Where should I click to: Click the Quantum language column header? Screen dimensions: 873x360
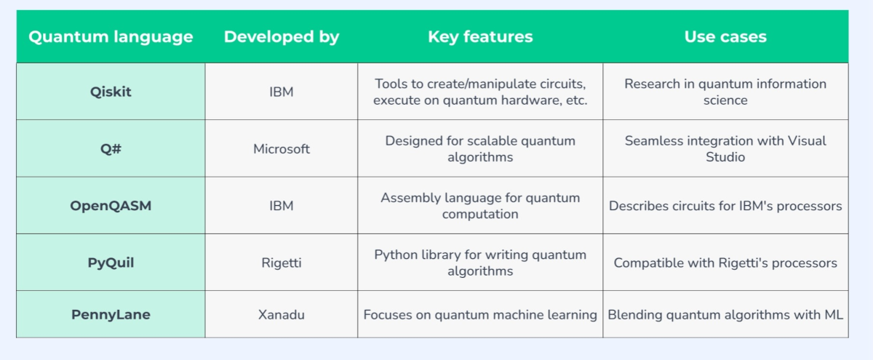(111, 37)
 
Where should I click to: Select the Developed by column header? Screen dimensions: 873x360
(282, 37)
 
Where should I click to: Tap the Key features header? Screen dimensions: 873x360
(480, 36)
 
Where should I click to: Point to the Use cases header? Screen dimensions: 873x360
(725, 36)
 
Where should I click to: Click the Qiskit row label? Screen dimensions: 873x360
(111, 92)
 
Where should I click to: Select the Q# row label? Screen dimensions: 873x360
(111, 148)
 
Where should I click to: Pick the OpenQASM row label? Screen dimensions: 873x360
(111, 206)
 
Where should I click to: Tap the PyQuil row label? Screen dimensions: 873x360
(111, 263)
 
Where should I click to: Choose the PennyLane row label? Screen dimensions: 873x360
(111, 314)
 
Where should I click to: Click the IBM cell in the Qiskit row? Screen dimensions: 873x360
(282, 92)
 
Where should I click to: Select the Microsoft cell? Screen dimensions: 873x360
(282, 149)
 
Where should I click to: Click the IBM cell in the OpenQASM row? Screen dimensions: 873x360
(282, 206)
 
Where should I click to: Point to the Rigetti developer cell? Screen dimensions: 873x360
(282, 263)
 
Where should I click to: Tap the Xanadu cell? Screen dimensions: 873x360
(282, 314)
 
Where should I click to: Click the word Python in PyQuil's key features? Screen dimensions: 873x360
(396, 255)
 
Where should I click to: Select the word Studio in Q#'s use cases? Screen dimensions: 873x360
(725, 157)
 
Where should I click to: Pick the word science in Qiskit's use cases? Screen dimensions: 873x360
(725, 100)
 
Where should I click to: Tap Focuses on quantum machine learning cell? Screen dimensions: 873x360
(480, 315)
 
